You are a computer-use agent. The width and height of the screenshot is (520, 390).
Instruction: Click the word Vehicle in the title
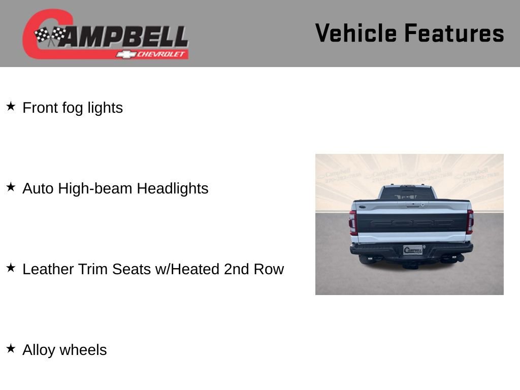(x=356, y=34)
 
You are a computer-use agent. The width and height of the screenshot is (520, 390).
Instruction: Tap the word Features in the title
(x=454, y=34)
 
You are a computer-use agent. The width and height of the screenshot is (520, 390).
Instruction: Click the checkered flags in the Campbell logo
(x=50, y=36)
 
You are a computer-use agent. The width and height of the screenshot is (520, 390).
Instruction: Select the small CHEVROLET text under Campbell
(x=161, y=54)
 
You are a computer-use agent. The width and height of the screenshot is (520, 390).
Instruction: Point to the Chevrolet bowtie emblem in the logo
(x=124, y=54)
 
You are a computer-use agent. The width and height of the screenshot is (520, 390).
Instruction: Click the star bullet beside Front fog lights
(x=11, y=106)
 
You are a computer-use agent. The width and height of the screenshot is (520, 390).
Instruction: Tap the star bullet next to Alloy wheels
(x=11, y=348)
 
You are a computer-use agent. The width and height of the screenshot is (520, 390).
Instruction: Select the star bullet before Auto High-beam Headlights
(x=11, y=187)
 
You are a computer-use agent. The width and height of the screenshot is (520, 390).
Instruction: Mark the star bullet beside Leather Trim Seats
(x=11, y=268)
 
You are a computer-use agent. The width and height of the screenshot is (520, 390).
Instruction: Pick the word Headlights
(x=173, y=188)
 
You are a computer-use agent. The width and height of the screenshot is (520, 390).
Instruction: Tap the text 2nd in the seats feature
(x=236, y=269)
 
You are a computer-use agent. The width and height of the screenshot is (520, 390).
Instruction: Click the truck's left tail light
(x=352, y=222)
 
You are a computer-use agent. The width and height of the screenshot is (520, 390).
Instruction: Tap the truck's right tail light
(x=470, y=222)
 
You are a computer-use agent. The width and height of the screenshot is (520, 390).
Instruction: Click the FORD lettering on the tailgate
(x=411, y=223)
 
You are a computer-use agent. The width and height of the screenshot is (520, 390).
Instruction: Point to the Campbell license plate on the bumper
(x=413, y=250)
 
